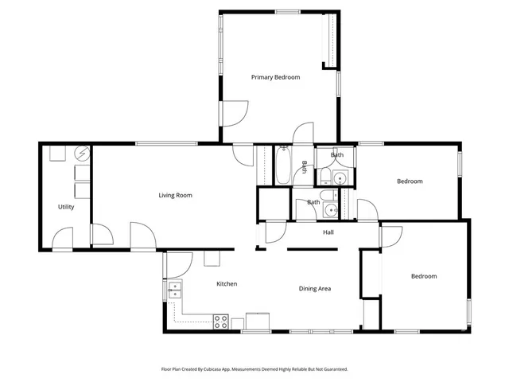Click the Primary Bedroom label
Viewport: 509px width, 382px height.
[x=275, y=77]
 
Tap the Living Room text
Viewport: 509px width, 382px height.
[x=175, y=195]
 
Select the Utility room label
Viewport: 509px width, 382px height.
[x=66, y=207]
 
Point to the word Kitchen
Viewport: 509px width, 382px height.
[x=227, y=284]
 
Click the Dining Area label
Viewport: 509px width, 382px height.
[x=314, y=288]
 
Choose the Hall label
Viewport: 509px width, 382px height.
[x=328, y=232]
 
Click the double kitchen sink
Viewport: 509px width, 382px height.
[x=174, y=289]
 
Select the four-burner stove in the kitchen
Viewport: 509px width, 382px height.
[x=221, y=322]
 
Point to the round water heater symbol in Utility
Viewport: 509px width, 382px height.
[x=80, y=153]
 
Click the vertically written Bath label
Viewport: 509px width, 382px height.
[x=304, y=167]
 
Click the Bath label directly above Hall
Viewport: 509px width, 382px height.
[x=313, y=202]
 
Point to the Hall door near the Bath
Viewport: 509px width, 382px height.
[x=275, y=231]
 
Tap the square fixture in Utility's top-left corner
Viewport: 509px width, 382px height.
[x=56, y=154]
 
